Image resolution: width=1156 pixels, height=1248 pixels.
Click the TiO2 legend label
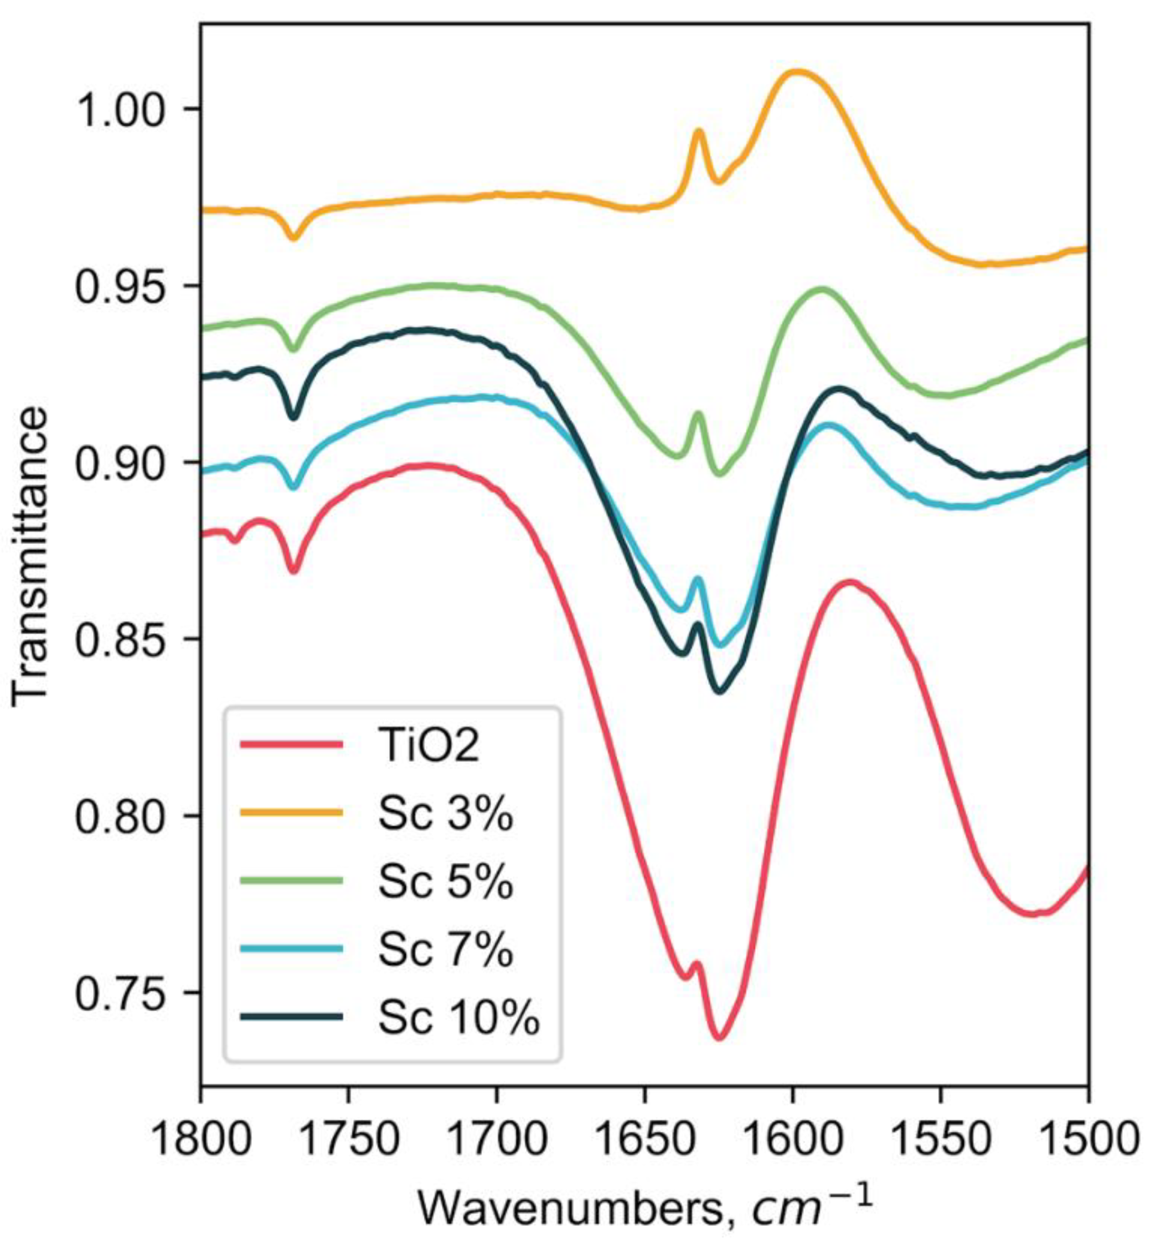pyautogui.click(x=429, y=746)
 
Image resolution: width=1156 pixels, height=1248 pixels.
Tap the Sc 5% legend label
pyautogui.click(x=445, y=882)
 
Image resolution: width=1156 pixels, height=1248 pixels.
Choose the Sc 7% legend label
pyautogui.click(x=445, y=950)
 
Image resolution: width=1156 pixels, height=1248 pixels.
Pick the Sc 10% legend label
pyautogui.click(x=458, y=1018)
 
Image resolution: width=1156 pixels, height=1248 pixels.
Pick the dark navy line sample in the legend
pyautogui.click(x=292, y=1017)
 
